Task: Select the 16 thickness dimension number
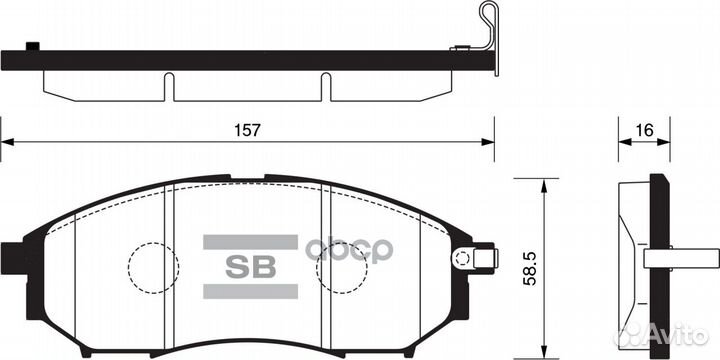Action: click(644, 130)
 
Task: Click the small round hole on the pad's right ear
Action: click(462, 259)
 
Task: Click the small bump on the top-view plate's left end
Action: click(33, 46)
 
